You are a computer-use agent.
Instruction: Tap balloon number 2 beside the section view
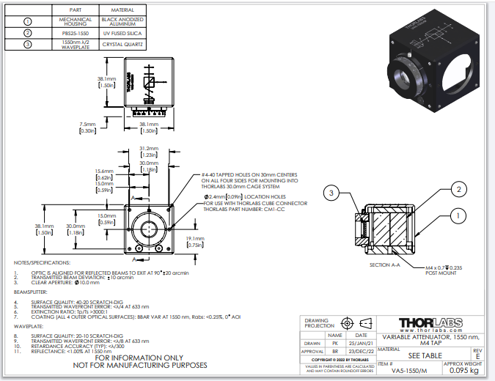(x=458, y=189)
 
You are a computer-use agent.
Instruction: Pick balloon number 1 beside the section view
(x=458, y=215)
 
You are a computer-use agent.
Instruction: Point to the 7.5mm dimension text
(x=88, y=125)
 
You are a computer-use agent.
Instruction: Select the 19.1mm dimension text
(x=194, y=239)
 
